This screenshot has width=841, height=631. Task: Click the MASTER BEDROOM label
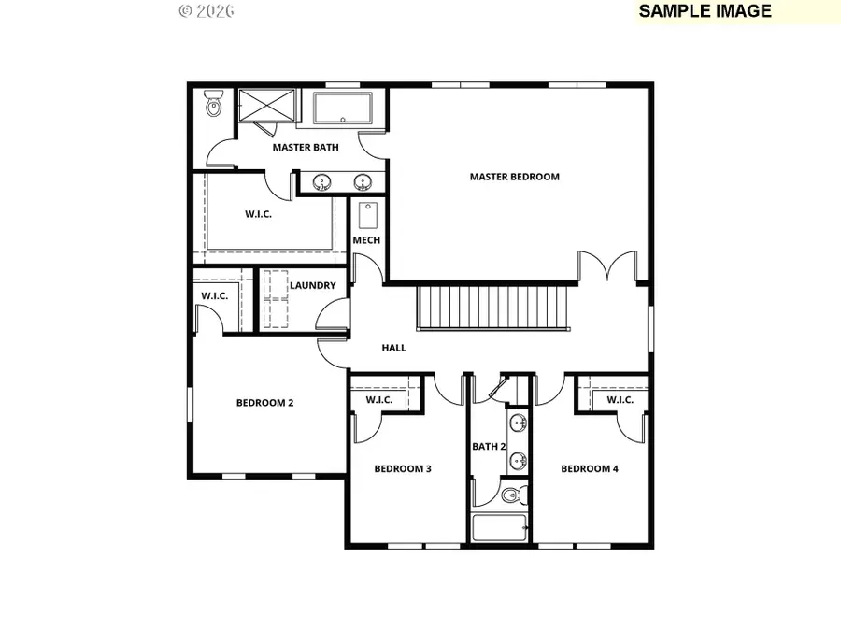click(x=514, y=177)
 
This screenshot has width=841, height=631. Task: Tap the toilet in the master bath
click(x=213, y=106)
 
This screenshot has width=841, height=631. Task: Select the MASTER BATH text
click(x=306, y=148)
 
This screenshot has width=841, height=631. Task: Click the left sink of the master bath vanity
click(x=322, y=181)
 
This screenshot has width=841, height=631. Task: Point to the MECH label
click(x=366, y=240)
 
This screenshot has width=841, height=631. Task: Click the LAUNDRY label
click(x=312, y=285)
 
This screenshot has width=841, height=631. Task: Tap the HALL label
click(x=393, y=348)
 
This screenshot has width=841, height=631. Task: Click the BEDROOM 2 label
click(x=264, y=403)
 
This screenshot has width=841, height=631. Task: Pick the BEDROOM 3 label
click(x=403, y=469)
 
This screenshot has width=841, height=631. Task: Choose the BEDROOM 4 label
click(x=590, y=469)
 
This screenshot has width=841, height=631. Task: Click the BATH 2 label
click(x=489, y=447)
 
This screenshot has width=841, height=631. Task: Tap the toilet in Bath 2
click(x=513, y=495)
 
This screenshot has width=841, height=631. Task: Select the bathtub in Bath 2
click(x=500, y=527)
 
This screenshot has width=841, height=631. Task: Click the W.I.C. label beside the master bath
click(x=258, y=214)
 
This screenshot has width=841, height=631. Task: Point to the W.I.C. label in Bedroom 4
click(x=620, y=400)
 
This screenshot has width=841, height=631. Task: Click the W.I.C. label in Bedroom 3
click(x=378, y=400)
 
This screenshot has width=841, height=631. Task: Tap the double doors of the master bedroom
click(x=607, y=266)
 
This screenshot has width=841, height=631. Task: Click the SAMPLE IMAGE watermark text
click(x=706, y=11)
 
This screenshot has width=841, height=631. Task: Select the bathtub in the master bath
click(x=342, y=108)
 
